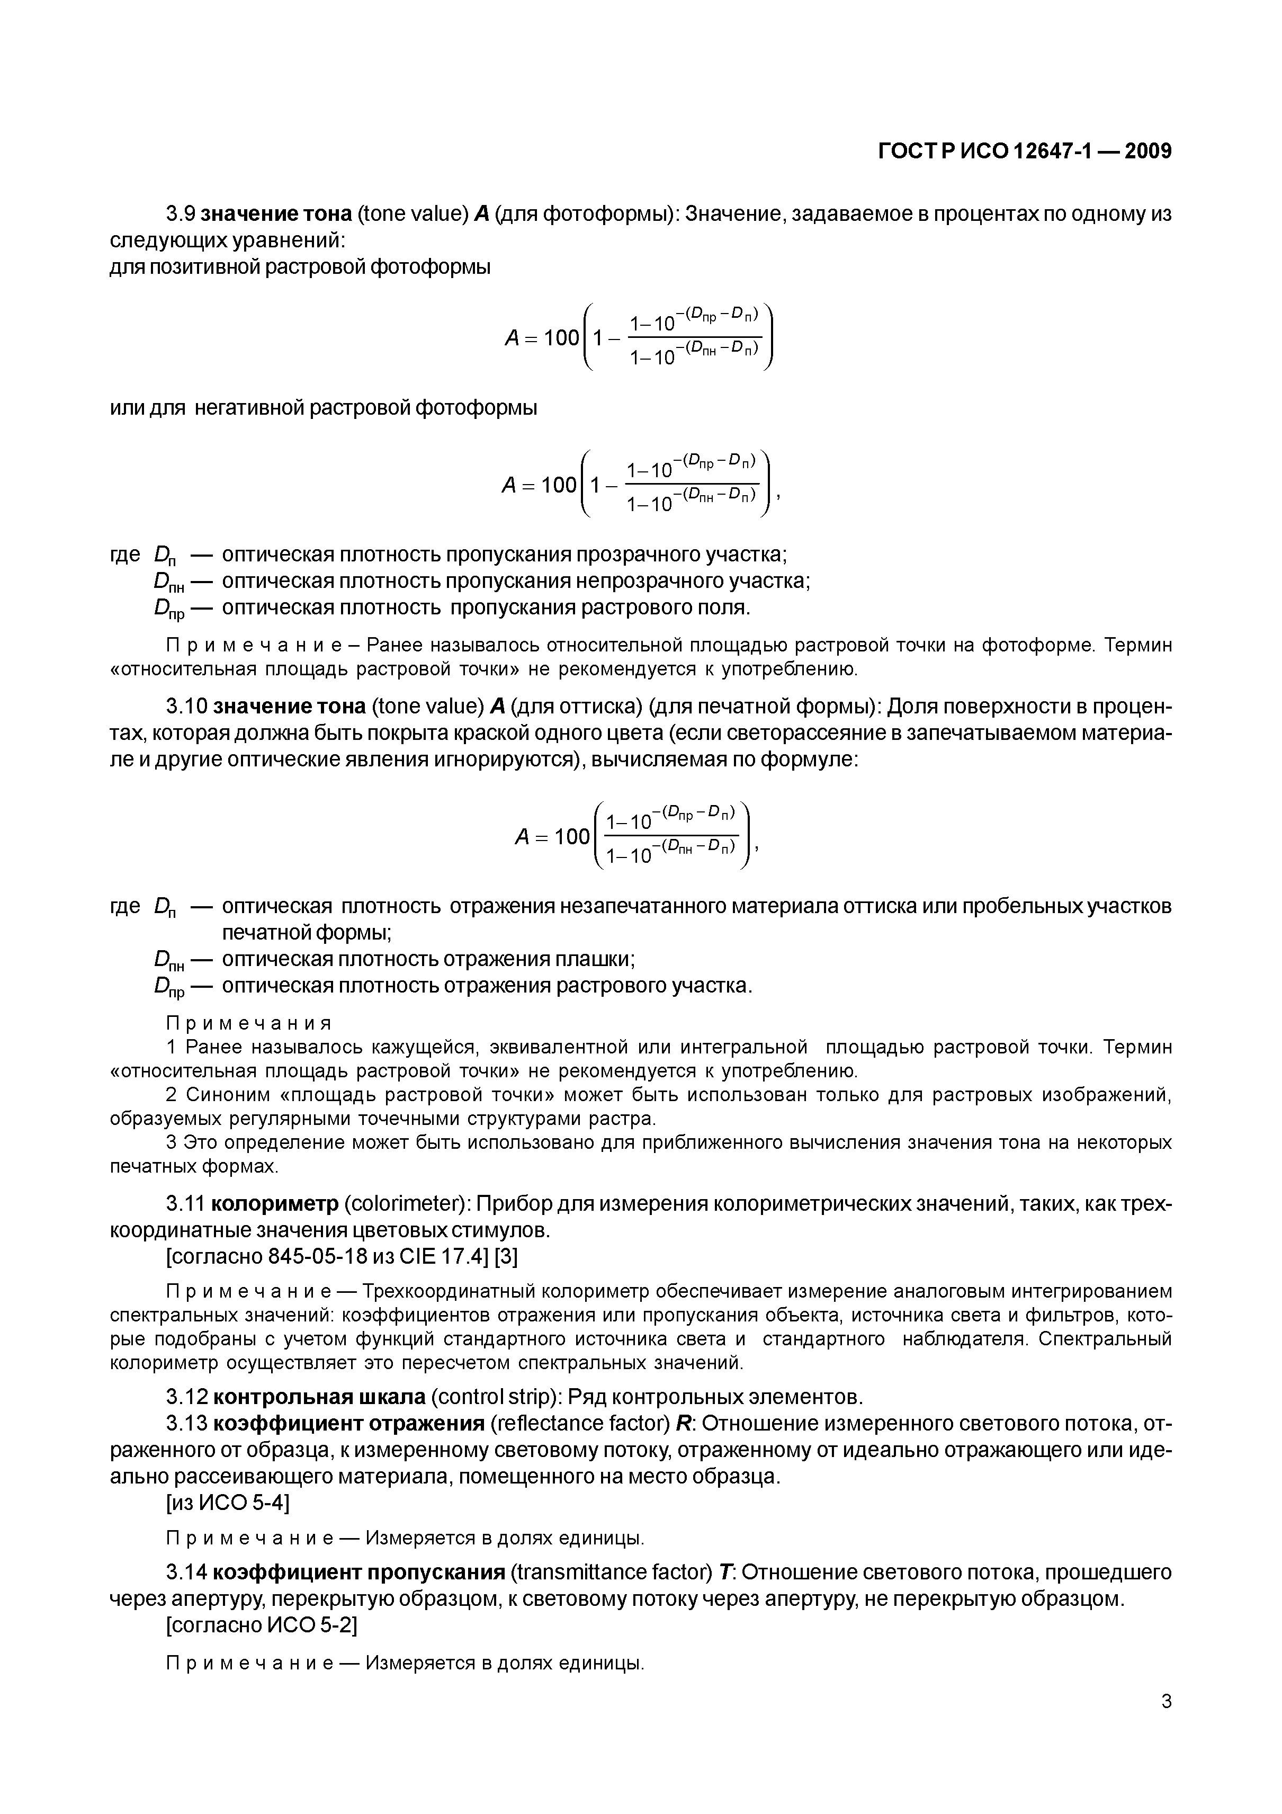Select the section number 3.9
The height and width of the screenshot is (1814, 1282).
181,214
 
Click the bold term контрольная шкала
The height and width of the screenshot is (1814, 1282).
319,1397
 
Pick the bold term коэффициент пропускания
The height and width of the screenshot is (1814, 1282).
358,1572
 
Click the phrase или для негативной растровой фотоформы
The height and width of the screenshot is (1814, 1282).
323,408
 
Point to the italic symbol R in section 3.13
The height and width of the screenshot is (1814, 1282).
683,1424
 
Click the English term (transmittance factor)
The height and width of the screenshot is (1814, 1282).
612,1572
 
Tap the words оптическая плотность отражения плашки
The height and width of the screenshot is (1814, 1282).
428,959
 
